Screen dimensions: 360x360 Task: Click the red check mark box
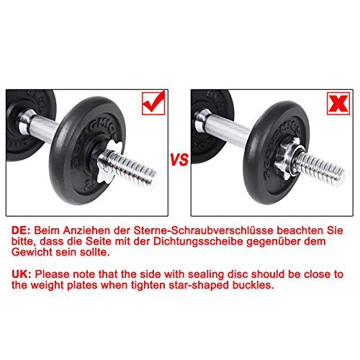(x=153, y=103)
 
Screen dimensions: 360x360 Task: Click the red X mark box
(x=338, y=104)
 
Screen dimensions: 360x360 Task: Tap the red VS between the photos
(x=179, y=159)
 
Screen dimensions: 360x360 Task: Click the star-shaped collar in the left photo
(x=109, y=161)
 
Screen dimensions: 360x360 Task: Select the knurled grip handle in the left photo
(x=42, y=127)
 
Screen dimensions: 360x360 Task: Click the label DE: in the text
(x=21, y=230)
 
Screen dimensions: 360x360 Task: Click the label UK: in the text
(x=21, y=274)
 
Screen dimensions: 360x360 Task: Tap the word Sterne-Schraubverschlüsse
(x=203, y=230)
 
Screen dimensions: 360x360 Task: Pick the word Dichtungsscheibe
(x=198, y=241)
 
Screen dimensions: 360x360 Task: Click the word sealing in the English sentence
(x=206, y=275)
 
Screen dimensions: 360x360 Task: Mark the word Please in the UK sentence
(x=52, y=274)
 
